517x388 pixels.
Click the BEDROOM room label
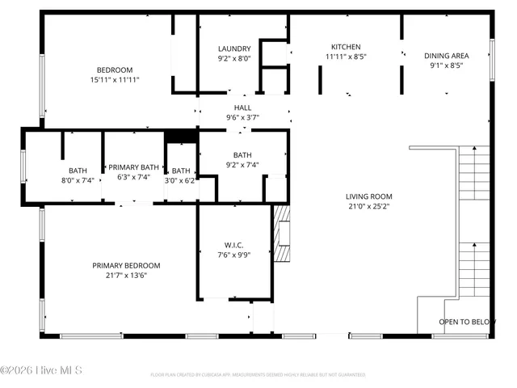click(x=115, y=70)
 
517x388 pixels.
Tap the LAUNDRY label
click(x=234, y=48)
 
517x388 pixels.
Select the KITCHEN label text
click(x=346, y=47)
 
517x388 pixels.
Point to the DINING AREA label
click(x=447, y=56)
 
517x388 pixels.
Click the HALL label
click(x=242, y=108)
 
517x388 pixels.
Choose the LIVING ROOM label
click(x=368, y=196)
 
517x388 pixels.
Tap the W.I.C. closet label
click(x=234, y=245)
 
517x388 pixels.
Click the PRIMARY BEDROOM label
click(x=126, y=265)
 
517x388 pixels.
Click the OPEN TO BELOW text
click(x=467, y=322)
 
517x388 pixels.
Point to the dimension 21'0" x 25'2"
click(x=368, y=206)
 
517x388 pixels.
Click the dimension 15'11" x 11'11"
click(x=115, y=80)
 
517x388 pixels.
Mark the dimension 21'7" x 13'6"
click(x=126, y=275)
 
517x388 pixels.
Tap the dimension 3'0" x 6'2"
click(x=182, y=180)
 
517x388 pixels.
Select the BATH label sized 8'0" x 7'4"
click(x=78, y=171)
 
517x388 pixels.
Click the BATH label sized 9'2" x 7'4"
click(x=242, y=155)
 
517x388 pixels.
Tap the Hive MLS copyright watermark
click(x=42, y=371)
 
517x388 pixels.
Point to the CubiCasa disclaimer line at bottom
click(x=258, y=375)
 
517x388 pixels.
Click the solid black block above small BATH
click(x=181, y=137)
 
